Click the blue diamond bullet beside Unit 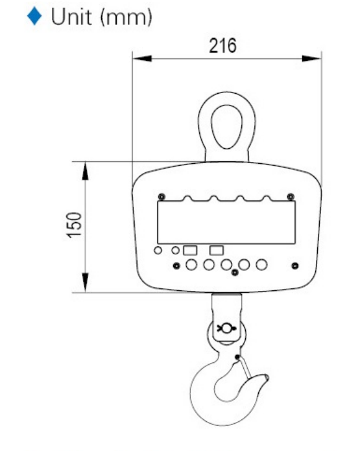point(35,16)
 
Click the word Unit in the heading point(71,17)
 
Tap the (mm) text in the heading point(126,18)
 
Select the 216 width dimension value point(223,46)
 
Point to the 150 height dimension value point(74,225)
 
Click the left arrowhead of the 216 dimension point(142,59)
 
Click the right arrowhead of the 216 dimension point(312,59)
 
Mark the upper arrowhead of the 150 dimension point(85,171)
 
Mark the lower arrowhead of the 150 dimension point(85,283)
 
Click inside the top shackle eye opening point(227,127)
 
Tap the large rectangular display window point(226,222)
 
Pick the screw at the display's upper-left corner point(162,197)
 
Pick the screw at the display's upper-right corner point(290,197)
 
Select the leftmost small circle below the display point(158,250)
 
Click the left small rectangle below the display point(190,250)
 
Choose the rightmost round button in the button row point(261,265)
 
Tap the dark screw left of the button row point(176,266)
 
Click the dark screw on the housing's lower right point(295,266)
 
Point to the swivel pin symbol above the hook point(227,328)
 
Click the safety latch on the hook point(244,368)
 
